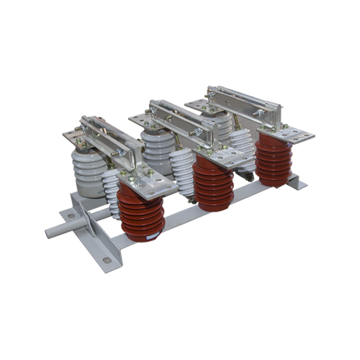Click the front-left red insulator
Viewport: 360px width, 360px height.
(141, 212)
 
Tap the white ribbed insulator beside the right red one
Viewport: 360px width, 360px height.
(243, 151)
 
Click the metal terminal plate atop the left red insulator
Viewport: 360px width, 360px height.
(148, 181)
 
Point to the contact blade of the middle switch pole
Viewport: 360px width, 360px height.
(180, 119)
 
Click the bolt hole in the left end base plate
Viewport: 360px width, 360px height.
(73, 214)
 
